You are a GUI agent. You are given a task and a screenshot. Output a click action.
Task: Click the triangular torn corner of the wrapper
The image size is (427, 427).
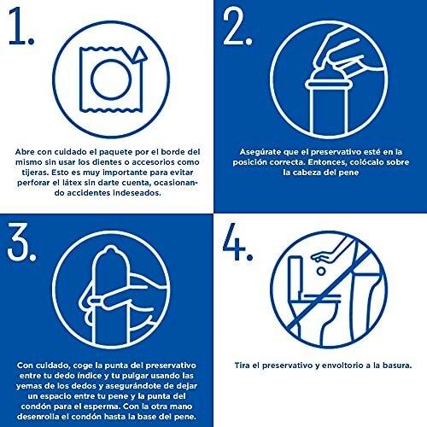tap(139, 55)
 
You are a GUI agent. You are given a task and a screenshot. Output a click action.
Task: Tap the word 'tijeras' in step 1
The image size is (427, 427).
tap(32, 173)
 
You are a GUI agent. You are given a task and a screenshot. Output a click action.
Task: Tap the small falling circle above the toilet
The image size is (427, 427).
tap(321, 271)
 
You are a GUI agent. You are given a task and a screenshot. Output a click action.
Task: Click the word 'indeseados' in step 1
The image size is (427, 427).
tap(137, 193)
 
